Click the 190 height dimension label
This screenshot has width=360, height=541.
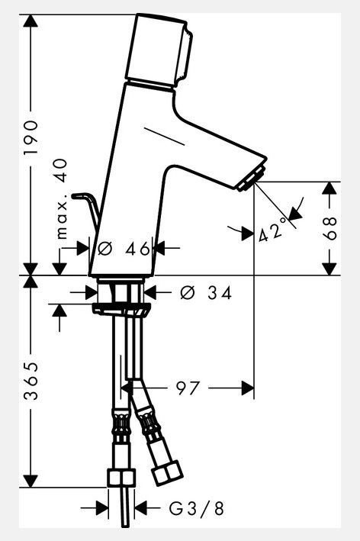pyautogui.click(x=31, y=138)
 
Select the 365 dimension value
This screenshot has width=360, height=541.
pyautogui.click(x=31, y=382)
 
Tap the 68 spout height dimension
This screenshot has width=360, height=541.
pyautogui.click(x=330, y=228)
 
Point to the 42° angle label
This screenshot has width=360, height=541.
pyautogui.click(x=272, y=230)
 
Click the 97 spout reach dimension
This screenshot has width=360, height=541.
pyautogui.click(x=188, y=388)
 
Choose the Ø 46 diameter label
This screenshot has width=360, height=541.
pyautogui.click(x=124, y=249)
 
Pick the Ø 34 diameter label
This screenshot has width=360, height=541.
pyautogui.click(x=206, y=293)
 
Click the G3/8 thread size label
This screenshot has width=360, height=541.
pyautogui.click(x=197, y=508)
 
